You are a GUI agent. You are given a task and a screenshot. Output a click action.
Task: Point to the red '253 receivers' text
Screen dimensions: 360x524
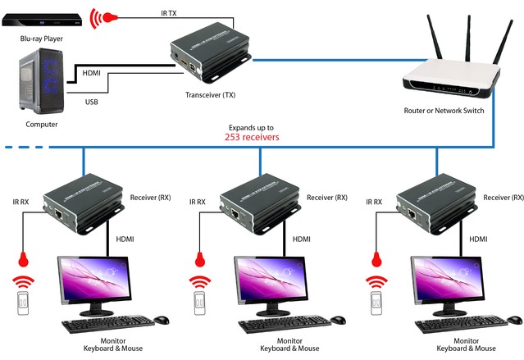(x=252, y=138)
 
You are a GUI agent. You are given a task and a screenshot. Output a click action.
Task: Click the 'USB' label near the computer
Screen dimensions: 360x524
(x=93, y=102)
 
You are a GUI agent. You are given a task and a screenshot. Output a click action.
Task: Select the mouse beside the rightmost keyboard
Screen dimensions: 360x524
(x=515, y=320)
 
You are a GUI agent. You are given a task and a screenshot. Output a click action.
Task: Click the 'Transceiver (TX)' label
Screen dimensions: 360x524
(x=210, y=95)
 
